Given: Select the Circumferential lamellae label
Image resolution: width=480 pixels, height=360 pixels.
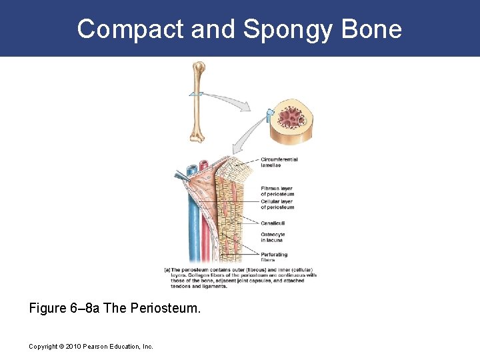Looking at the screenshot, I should (x=279, y=162).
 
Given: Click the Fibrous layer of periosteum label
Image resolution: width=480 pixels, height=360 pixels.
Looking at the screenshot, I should (x=277, y=191).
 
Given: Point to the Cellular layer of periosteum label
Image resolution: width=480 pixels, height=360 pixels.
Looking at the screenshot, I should (x=277, y=204).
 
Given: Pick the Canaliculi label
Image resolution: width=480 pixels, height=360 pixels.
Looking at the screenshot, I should (x=273, y=223).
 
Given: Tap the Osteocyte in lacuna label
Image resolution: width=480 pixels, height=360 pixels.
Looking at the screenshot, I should (x=273, y=237).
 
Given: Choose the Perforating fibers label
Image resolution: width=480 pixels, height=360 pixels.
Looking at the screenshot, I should (x=274, y=257).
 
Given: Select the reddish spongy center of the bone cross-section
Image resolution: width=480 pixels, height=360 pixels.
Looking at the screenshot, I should (x=291, y=119).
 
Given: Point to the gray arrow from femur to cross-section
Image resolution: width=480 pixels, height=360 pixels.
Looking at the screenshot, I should (x=230, y=100).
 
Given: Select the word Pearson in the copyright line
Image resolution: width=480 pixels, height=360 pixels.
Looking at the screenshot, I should (x=100, y=347).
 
